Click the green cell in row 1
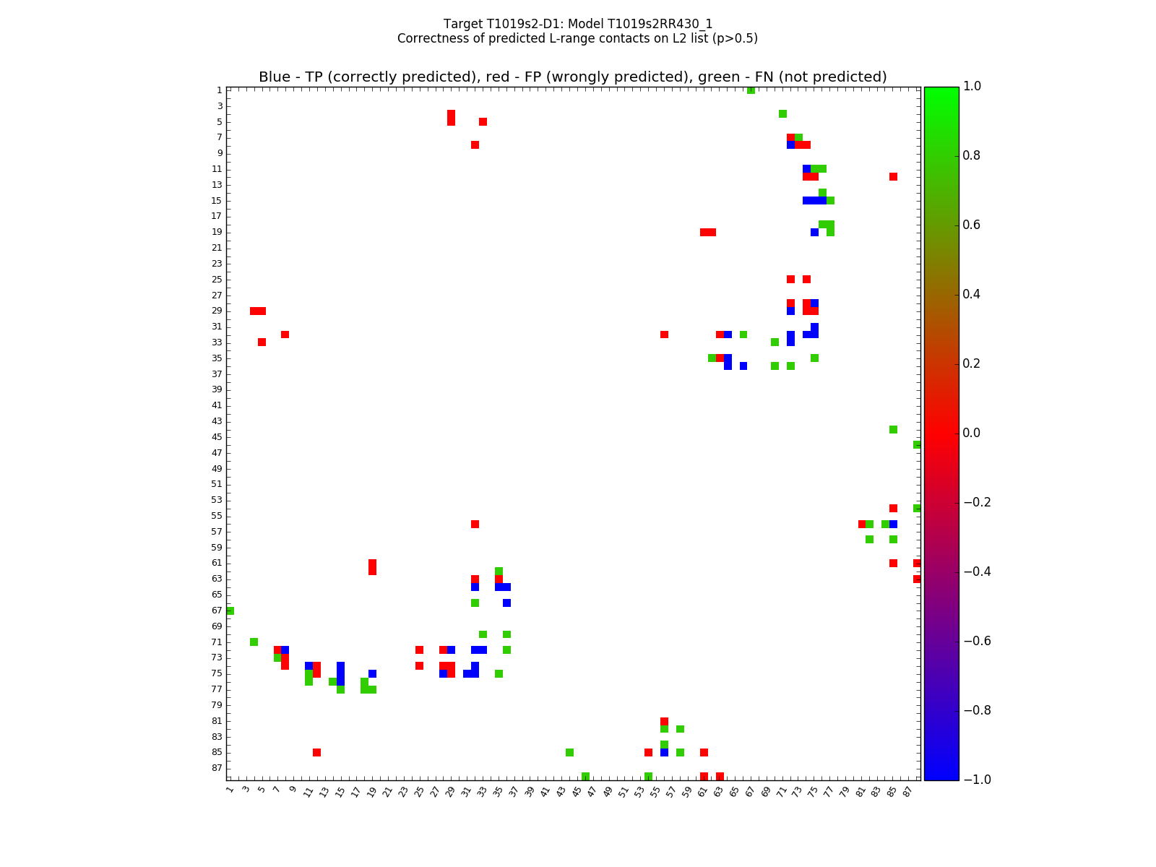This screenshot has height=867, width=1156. [751, 90]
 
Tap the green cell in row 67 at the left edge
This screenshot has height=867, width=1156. [230, 611]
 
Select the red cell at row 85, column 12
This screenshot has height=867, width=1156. [316, 752]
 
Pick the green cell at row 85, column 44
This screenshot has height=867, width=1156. [569, 752]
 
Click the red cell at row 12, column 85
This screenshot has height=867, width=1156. [893, 176]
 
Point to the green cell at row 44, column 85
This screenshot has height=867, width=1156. [893, 429]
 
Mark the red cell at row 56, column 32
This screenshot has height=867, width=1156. [475, 524]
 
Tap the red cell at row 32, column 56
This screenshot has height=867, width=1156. [664, 335]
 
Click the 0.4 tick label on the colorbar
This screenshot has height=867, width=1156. [976, 294]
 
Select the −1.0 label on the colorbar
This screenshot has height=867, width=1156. [976, 780]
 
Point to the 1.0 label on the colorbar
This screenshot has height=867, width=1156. [976, 86]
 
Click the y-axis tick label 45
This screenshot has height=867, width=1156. [217, 437]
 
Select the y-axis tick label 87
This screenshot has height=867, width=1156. [217, 768]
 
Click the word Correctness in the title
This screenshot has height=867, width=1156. [431, 38]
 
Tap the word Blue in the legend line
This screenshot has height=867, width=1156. [275, 77]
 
